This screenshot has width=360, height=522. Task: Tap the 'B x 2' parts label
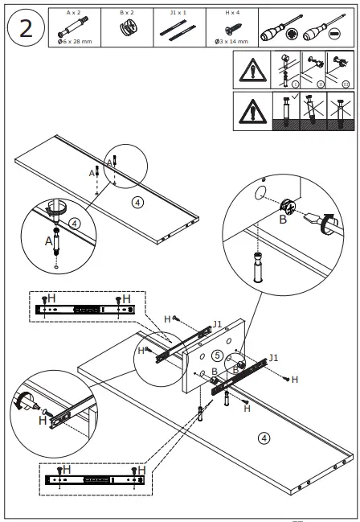(x=126, y=13)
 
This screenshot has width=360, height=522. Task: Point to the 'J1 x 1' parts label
(x=178, y=13)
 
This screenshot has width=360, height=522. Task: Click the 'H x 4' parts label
(x=230, y=13)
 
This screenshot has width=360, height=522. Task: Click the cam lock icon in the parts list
(x=126, y=27)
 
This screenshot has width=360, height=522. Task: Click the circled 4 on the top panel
(x=137, y=202)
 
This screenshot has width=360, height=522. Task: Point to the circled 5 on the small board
(x=217, y=355)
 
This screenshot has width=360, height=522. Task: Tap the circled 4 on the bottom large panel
(x=263, y=438)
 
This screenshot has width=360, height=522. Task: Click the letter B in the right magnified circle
(x=282, y=218)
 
